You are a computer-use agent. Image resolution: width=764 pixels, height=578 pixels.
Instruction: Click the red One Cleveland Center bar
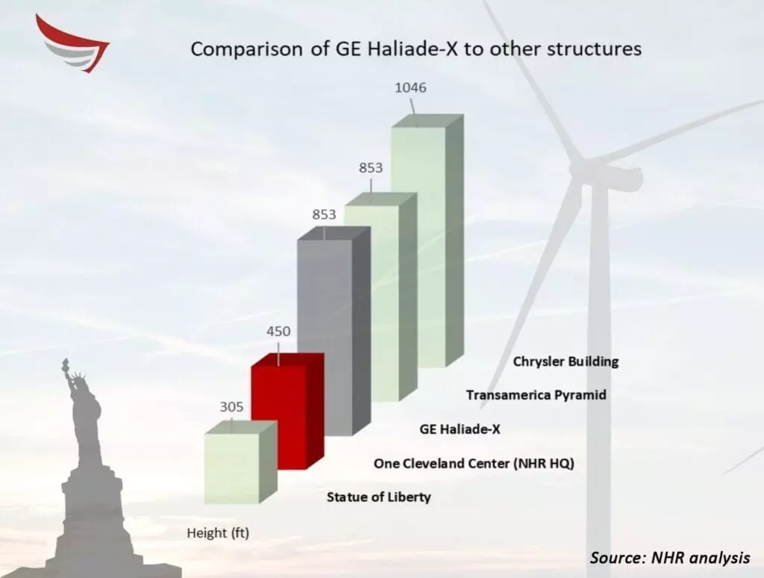pyautogui.click(x=287, y=411)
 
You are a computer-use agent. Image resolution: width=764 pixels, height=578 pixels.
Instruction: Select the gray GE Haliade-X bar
pyautogui.click(x=334, y=331)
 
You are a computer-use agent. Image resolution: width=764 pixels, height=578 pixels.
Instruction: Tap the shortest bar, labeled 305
pyautogui.click(x=241, y=462)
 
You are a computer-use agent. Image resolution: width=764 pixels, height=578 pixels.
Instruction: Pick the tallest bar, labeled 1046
pyautogui.click(x=428, y=241)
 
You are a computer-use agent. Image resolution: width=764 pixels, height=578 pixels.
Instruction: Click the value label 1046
pyautogui.click(x=410, y=88)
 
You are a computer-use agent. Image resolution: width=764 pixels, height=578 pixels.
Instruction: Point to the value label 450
pyautogui.click(x=278, y=331)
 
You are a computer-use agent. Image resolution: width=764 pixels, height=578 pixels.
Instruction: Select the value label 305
pyautogui.click(x=231, y=407)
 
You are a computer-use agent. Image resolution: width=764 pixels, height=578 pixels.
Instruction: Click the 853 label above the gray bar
pyautogui.click(x=324, y=214)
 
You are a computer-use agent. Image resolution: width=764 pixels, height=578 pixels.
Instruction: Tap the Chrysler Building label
pyautogui.click(x=566, y=362)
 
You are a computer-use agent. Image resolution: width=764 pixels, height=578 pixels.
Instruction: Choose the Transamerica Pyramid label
pyautogui.click(x=536, y=394)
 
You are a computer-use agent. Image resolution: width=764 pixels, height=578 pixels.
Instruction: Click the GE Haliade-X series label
pyautogui.click(x=460, y=429)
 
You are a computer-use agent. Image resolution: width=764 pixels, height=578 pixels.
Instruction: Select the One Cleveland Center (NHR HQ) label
pyautogui.click(x=474, y=464)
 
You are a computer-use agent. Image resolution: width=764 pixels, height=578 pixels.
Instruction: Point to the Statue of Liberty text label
pyautogui.click(x=378, y=497)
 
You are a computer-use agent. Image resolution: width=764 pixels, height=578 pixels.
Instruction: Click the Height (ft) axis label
pyautogui.click(x=218, y=533)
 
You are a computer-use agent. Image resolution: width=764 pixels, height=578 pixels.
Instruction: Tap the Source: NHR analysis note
pyautogui.click(x=670, y=558)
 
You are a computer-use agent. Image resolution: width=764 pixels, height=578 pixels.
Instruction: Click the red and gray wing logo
pyautogui.click(x=73, y=44)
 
